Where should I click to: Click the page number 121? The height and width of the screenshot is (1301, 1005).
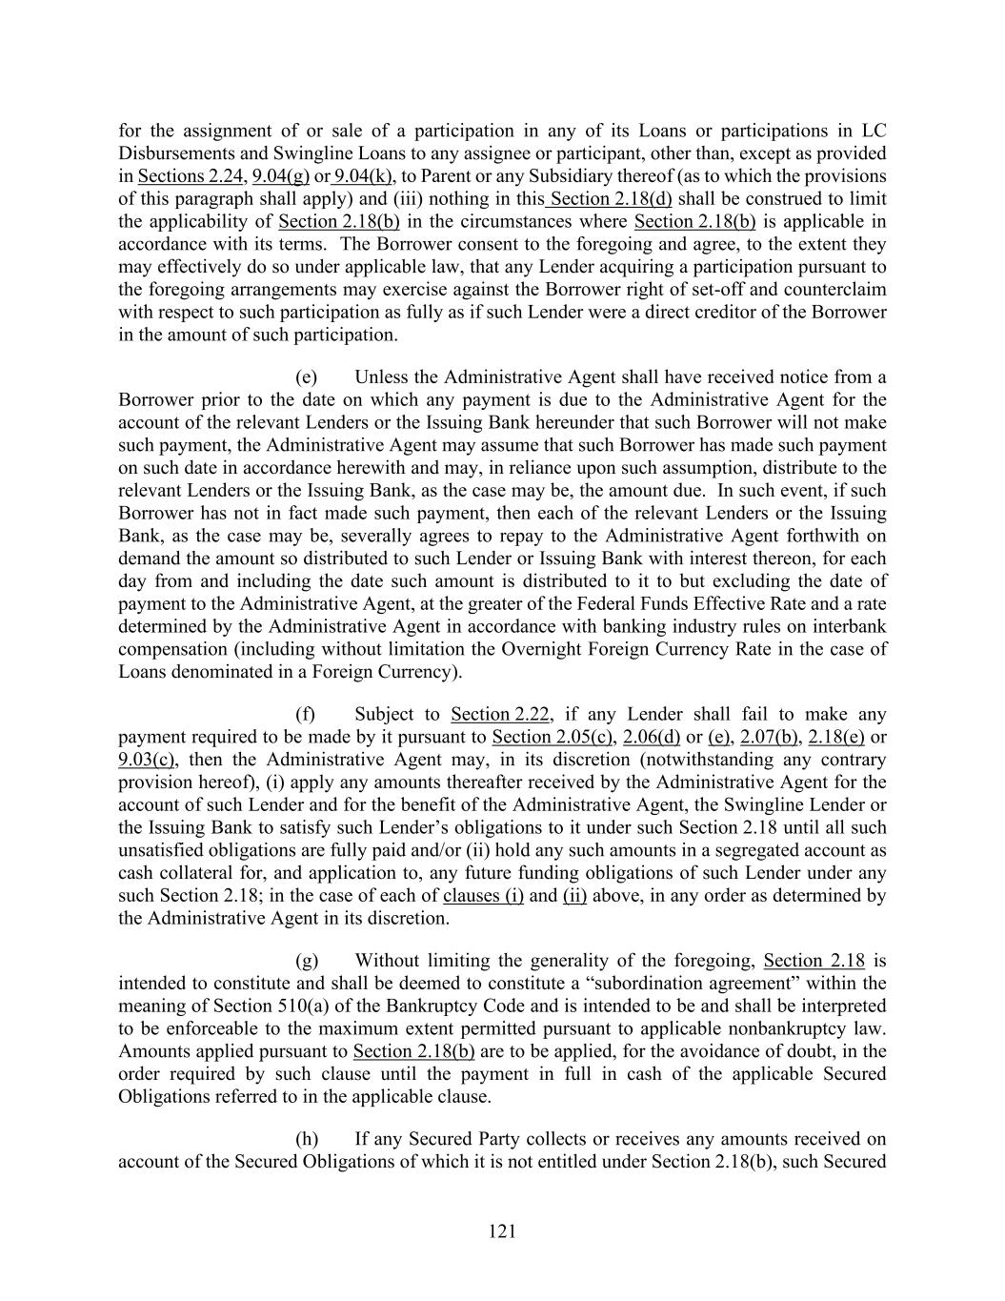click(x=502, y=1231)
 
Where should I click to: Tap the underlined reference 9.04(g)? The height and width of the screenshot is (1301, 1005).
click(x=280, y=176)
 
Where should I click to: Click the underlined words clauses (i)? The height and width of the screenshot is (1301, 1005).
click(x=483, y=896)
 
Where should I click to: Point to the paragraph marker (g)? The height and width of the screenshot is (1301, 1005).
click(x=307, y=960)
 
